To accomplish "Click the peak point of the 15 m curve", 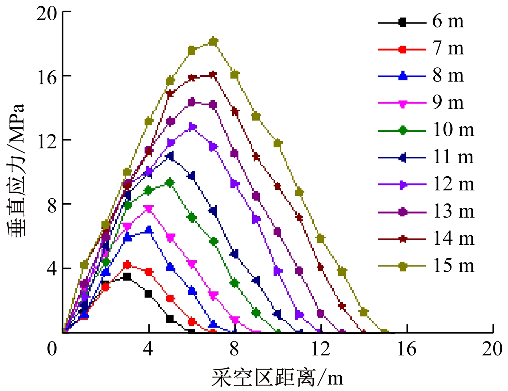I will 213,42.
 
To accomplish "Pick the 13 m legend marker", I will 402,212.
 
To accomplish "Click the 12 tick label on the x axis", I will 321,349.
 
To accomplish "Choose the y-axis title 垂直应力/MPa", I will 16,170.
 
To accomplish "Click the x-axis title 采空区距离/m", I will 277,378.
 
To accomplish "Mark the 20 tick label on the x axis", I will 492,349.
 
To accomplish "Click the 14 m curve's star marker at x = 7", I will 213,75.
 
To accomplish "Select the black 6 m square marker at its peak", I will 127,277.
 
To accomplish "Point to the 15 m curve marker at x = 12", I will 320,239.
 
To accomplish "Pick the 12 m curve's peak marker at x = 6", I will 192,127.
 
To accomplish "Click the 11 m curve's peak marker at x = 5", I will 170,156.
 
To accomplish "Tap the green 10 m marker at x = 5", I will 170,183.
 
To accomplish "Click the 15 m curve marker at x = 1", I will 84,265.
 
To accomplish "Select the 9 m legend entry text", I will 448,103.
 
